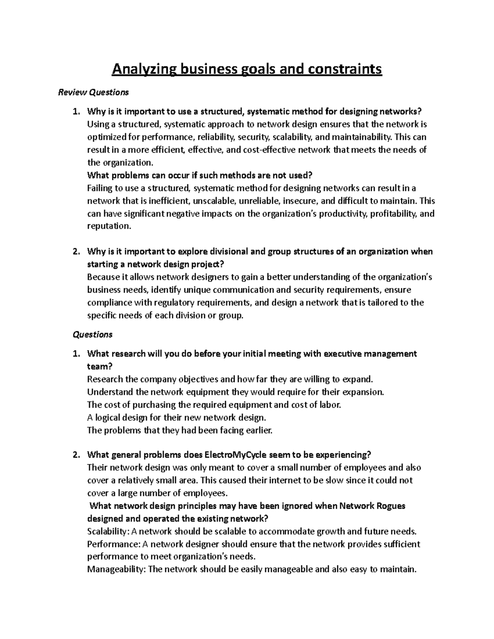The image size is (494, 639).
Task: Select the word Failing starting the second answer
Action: pos(100,188)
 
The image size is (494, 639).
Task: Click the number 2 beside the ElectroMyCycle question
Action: pos(75,455)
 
